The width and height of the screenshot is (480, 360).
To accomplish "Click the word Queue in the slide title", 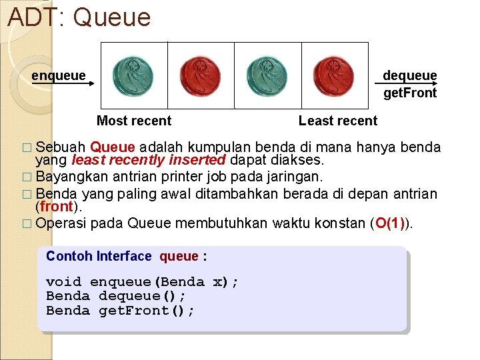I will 112,17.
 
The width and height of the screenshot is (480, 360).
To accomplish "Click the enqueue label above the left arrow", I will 59,75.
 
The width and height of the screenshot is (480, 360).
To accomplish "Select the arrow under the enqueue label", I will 63,85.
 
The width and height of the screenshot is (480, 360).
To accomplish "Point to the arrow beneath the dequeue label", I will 406,84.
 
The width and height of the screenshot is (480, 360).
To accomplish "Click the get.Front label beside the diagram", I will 410,93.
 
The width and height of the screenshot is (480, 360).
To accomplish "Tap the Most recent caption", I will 134,121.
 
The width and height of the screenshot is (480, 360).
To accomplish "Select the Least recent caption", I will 338,121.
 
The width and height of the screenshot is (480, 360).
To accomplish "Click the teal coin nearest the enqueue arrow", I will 133,75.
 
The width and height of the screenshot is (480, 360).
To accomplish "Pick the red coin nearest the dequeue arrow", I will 334,75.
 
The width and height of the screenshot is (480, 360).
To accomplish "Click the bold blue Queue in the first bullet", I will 113,147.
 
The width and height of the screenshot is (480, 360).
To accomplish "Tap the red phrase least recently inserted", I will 149,160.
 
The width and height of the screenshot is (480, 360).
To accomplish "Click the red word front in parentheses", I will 56,207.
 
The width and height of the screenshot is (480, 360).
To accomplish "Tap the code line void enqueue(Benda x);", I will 142,281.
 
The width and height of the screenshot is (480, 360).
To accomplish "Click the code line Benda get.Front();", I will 120,311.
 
